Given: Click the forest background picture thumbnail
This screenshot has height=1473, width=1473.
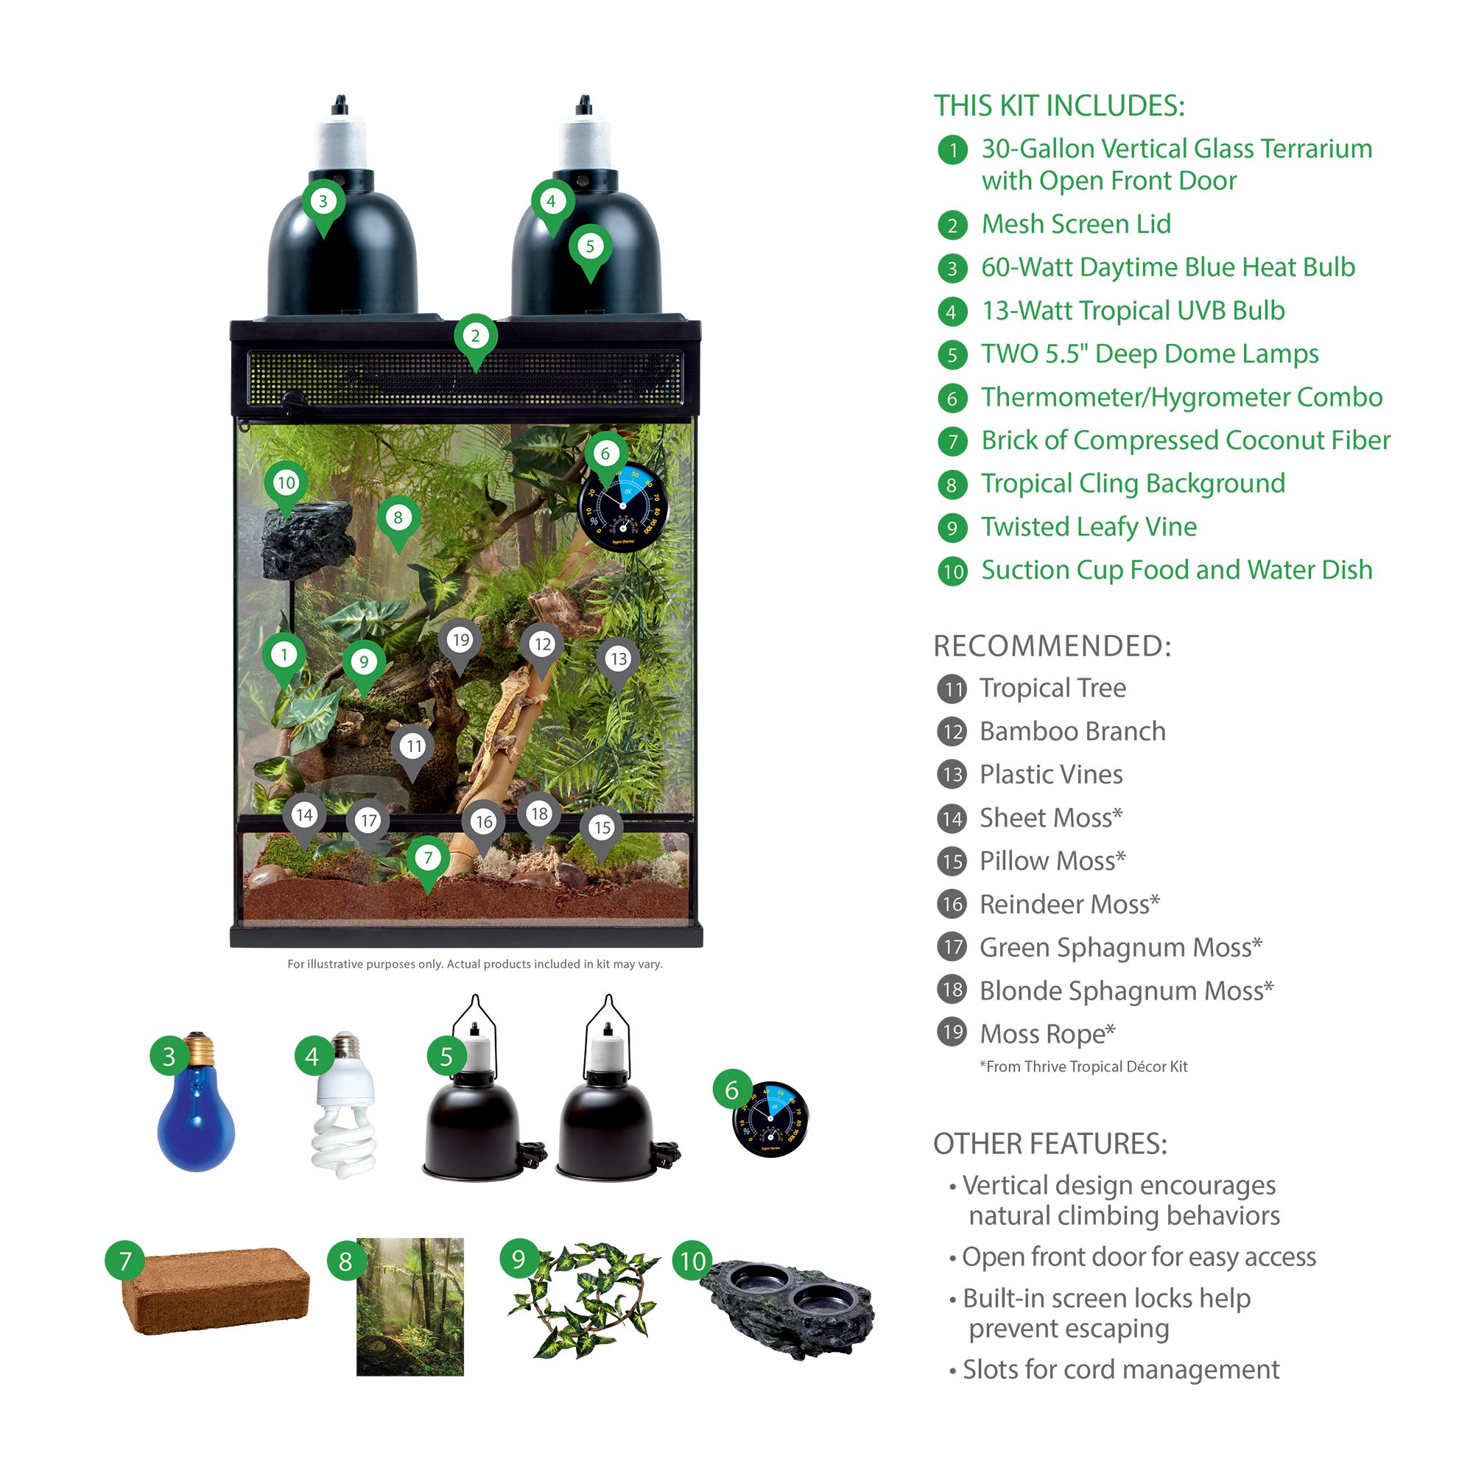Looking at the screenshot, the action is [x=410, y=1307].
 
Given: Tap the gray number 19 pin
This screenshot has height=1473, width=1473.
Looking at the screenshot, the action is [x=460, y=647].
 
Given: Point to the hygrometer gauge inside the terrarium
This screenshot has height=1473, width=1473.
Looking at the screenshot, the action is [x=623, y=505].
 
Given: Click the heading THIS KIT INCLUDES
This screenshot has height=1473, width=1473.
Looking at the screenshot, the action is [x=1060, y=106].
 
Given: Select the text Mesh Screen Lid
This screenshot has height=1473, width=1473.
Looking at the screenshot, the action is [x=1076, y=224].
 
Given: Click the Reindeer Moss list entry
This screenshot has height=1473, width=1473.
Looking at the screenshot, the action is [x=1069, y=904].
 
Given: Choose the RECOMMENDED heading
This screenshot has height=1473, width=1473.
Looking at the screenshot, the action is [x=1053, y=646].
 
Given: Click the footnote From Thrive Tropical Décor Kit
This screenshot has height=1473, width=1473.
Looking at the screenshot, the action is [x=1083, y=1066].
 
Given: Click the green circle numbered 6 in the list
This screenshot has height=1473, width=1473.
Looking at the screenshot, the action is [x=952, y=398].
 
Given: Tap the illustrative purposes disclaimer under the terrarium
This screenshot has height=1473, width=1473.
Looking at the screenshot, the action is [x=475, y=965].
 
